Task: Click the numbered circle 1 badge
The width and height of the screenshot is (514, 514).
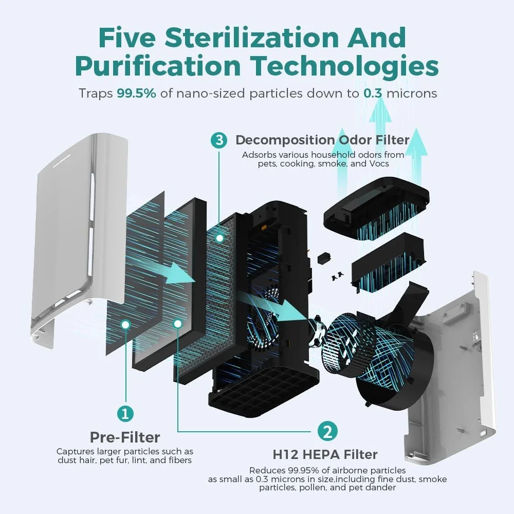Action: tap(125, 413)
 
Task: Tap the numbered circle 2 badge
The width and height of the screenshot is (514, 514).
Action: tap(327, 431)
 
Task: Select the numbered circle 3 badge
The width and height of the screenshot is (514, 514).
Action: tap(219, 140)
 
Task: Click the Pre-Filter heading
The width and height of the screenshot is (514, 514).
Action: tap(125, 437)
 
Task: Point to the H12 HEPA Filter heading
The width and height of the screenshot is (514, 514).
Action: tap(325, 455)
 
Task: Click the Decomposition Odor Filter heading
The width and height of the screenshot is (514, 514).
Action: tap(323, 140)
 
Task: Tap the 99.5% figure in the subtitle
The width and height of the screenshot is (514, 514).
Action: tap(136, 94)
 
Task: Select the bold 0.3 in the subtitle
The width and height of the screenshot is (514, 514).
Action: tap(373, 94)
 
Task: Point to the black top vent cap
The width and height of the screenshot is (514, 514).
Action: tap(376, 207)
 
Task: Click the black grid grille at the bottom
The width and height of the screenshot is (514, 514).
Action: tap(262, 390)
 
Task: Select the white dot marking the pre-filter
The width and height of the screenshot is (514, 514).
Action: tap(125, 324)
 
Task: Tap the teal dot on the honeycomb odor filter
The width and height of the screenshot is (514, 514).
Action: tap(219, 237)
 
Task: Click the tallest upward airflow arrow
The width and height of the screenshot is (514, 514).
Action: tap(380, 144)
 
